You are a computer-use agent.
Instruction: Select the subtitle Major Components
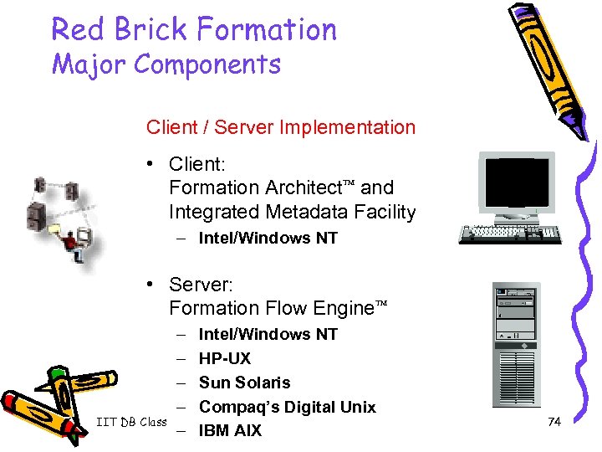tap(166, 64)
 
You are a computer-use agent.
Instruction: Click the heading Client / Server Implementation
tap(280, 127)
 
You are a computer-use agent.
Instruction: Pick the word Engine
tap(343, 309)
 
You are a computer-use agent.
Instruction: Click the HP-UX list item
tap(224, 358)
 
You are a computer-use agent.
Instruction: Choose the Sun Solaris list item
tap(244, 383)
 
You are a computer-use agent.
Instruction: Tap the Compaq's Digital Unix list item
tap(287, 407)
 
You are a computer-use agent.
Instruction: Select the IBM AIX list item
tap(230, 431)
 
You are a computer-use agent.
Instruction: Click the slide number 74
tap(554, 422)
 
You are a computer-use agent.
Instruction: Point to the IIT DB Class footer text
tap(130, 422)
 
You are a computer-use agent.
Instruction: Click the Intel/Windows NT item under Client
tap(268, 238)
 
